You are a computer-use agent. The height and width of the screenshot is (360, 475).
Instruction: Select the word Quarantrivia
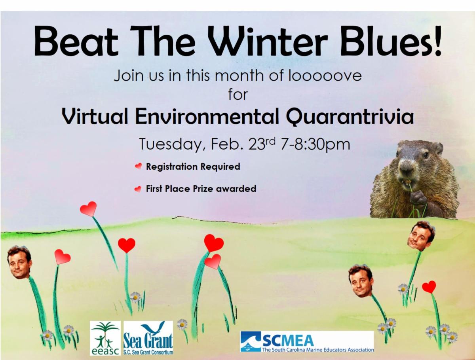(350, 117)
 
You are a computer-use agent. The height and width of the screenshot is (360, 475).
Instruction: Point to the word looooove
(325, 76)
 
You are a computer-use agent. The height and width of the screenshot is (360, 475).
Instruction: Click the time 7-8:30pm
(315, 144)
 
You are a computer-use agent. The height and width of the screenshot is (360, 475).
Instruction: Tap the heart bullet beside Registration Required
(139, 166)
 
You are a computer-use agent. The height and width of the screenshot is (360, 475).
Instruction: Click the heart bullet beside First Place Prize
(138, 189)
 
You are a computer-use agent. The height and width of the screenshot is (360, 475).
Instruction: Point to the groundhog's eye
(426, 155)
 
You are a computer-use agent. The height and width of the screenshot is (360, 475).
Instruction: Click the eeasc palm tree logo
(105, 338)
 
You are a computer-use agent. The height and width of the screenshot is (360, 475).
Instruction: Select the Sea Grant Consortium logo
(148, 338)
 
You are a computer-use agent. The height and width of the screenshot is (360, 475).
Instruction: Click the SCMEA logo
(307, 341)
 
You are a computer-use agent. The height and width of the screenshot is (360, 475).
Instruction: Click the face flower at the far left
(19, 262)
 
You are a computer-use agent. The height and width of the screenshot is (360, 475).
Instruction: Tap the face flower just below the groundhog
(421, 236)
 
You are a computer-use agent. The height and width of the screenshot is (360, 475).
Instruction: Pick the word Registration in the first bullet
(172, 167)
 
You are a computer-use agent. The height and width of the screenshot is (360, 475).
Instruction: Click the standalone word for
(238, 95)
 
